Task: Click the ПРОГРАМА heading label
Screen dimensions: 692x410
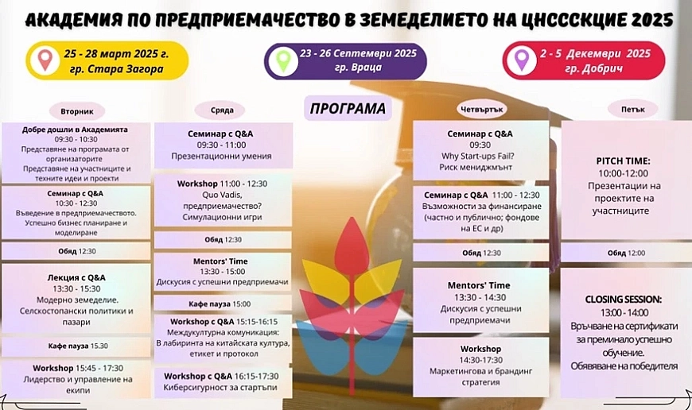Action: coord(348,108)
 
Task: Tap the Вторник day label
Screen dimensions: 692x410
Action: coord(77,111)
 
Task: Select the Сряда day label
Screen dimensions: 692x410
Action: coord(222,110)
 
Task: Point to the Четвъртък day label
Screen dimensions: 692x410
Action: coord(481,109)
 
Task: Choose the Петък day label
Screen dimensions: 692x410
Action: coord(633,109)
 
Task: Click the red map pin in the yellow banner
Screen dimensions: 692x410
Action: coord(45,60)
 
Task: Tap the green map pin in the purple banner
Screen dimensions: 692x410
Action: coord(283,61)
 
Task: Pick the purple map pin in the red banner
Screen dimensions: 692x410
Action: coord(522,60)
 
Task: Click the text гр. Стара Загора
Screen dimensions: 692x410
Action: coord(116,69)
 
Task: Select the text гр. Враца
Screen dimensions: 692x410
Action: coord(358,68)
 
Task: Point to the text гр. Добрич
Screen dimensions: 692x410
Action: coord(594,69)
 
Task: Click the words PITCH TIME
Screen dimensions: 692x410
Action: coord(623,161)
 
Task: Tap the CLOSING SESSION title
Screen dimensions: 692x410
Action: coord(623,300)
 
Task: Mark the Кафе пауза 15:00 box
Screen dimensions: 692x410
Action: coord(223,304)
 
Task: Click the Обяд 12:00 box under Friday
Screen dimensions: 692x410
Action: coord(626,253)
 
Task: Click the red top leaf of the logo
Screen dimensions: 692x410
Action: coord(352,242)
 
